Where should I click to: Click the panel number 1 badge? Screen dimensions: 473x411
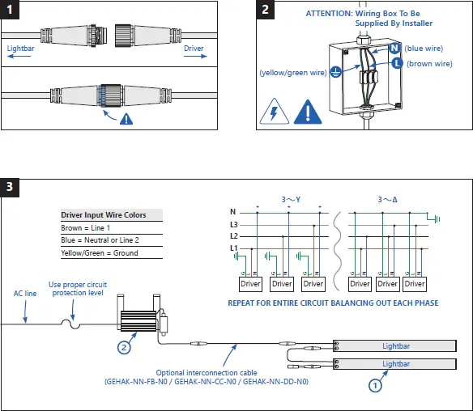point(10,10)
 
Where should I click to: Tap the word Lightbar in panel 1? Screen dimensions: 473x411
point(20,49)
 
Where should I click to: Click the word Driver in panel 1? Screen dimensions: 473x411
point(194,49)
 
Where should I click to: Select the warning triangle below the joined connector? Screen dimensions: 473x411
point(126,119)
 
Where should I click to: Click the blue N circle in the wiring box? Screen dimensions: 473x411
point(394,49)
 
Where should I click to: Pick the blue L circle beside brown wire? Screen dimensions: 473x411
point(398,63)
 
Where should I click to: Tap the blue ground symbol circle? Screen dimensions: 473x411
point(335,72)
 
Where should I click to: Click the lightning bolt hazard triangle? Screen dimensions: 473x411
point(275,112)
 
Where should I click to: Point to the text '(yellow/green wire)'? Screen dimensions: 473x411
point(293,73)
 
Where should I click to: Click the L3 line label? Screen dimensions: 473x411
point(234,224)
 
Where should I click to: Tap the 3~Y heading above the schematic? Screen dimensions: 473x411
point(291,200)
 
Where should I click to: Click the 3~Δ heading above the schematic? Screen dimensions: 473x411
point(388,200)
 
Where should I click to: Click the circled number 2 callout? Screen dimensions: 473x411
point(124,347)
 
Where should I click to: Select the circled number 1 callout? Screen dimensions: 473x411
point(375,386)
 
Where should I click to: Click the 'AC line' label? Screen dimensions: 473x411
point(25,294)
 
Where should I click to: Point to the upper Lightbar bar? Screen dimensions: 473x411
point(394,346)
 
